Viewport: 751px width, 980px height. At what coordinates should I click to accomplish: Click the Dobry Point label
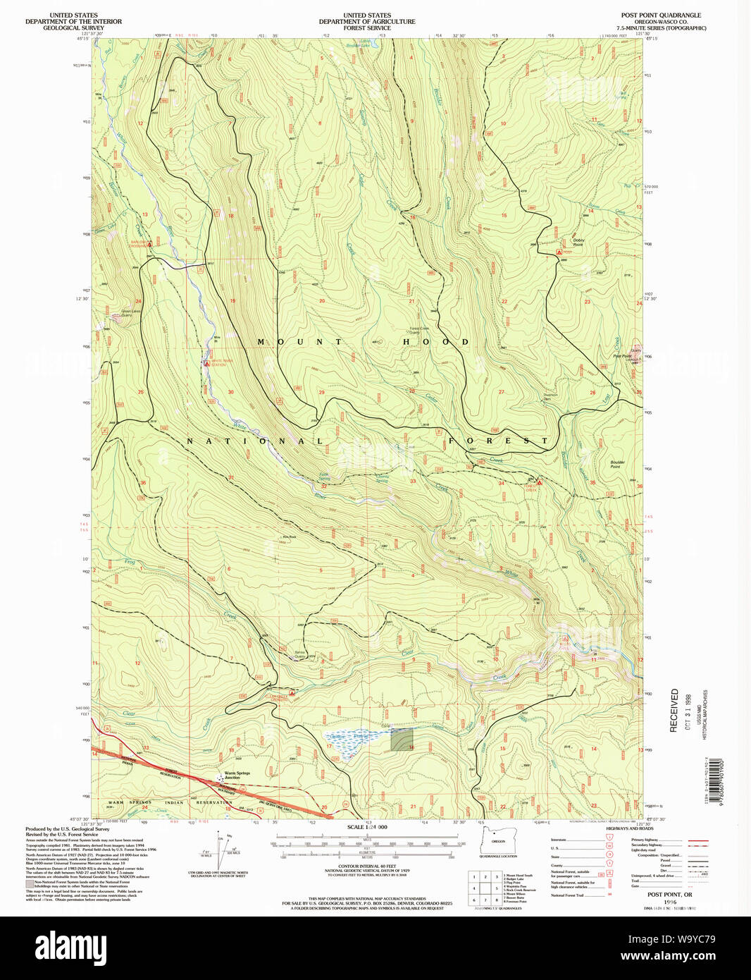click(578, 242)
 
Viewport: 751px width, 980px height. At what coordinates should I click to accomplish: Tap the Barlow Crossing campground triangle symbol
click(149, 243)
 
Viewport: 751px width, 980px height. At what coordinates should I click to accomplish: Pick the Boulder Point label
click(617, 465)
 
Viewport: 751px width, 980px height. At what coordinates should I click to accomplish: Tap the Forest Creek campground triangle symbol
click(538, 483)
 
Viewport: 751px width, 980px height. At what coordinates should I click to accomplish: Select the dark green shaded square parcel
click(402, 740)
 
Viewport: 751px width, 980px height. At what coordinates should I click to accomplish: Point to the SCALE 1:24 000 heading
click(367, 827)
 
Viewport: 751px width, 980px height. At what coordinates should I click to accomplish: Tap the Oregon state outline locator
click(499, 838)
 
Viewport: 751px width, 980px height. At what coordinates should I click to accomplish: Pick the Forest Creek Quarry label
click(419, 330)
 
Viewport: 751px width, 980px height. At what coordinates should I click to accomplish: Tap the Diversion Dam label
click(550, 397)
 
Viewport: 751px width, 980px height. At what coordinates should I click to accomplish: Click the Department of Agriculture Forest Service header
click(367, 21)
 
